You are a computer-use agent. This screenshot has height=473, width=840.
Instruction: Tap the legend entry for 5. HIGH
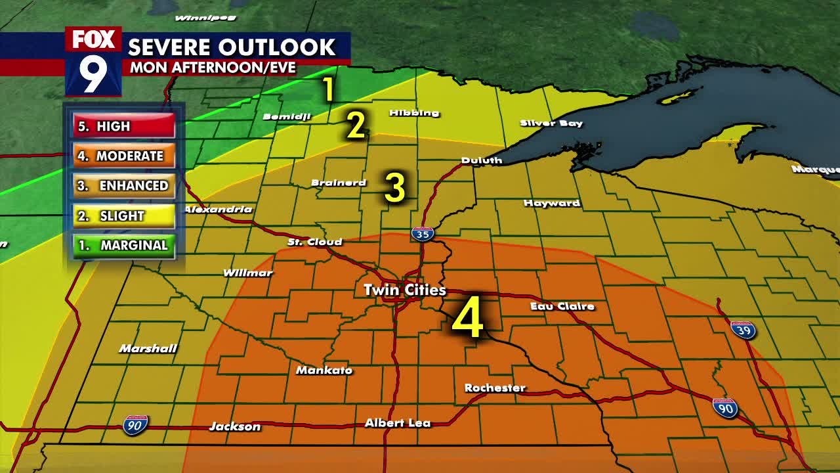pyautogui.click(x=124, y=126)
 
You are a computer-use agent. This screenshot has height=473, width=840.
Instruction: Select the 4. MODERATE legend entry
pyautogui.click(x=124, y=156)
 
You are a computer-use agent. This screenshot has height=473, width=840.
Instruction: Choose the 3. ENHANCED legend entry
pyautogui.click(x=124, y=186)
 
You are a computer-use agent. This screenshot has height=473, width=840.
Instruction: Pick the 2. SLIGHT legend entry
pyautogui.click(x=124, y=215)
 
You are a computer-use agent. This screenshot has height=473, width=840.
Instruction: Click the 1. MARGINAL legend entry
pyautogui.click(x=124, y=245)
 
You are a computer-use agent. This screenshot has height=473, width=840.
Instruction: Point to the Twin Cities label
pyautogui.click(x=405, y=290)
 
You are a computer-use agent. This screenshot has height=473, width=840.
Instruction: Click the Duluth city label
pyautogui.click(x=482, y=160)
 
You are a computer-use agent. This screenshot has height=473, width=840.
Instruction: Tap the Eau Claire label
pyautogui.click(x=562, y=306)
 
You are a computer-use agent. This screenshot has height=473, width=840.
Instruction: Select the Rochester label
pyautogui.click(x=495, y=388)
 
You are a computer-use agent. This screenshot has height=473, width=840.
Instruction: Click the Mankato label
pyautogui.click(x=324, y=371)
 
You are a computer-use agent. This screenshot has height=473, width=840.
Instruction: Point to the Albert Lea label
pyautogui.click(x=398, y=422)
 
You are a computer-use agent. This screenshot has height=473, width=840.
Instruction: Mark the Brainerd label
pyautogui.click(x=339, y=183)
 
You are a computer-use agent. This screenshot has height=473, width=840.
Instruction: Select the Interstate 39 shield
pyautogui.click(x=743, y=329)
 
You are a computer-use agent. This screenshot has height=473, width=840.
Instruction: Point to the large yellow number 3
pyautogui.click(x=395, y=188)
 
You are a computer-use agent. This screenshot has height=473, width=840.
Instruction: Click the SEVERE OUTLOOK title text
pyautogui.click(x=232, y=47)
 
